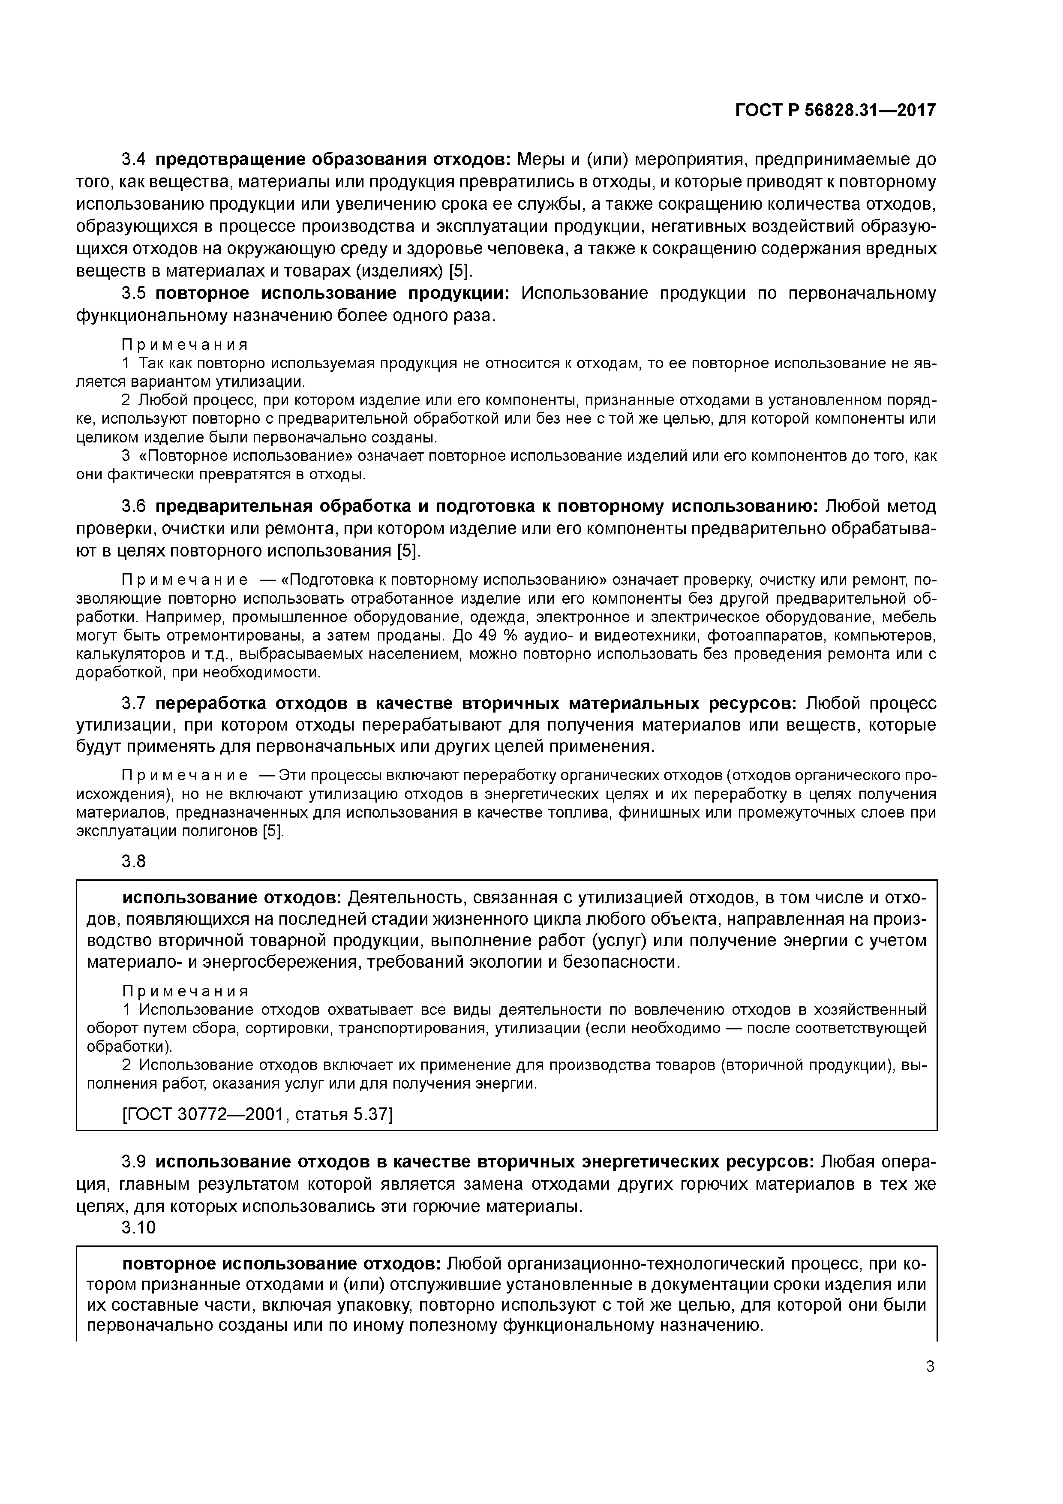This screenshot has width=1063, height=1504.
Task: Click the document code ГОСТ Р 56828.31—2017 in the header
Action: [x=835, y=111]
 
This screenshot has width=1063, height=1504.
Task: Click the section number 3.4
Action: [x=134, y=160]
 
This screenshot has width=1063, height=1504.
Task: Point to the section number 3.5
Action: [x=134, y=293]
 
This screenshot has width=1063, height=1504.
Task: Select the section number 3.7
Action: [x=134, y=704]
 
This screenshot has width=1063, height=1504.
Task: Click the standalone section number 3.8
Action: [x=134, y=861]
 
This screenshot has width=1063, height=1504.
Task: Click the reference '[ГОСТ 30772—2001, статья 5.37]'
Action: [x=258, y=1114]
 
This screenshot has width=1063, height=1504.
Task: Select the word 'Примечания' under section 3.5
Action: [x=185, y=345]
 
